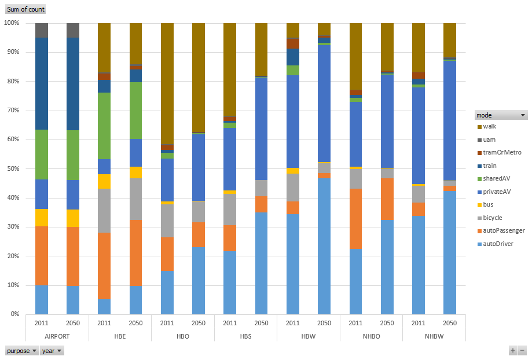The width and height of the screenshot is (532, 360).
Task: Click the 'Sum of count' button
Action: (x=25, y=9)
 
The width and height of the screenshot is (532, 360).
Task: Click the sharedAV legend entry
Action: (x=497, y=178)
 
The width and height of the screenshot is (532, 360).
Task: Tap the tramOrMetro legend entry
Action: (x=501, y=152)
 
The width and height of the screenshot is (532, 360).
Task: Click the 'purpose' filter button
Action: (x=22, y=351)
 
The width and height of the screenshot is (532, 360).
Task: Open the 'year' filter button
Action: (x=52, y=351)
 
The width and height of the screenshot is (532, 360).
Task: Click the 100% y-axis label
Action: (x=12, y=23)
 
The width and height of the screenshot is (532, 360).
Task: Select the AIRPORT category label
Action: (x=57, y=336)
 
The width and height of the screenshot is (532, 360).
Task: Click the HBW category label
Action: (x=308, y=336)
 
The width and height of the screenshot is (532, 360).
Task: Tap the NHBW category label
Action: (x=434, y=336)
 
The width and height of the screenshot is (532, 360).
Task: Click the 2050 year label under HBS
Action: (x=261, y=323)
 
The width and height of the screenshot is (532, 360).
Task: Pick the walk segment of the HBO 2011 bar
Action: (x=167, y=84)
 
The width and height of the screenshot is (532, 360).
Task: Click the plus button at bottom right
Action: (x=513, y=351)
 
